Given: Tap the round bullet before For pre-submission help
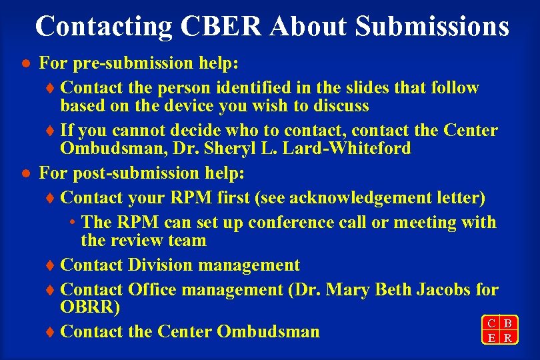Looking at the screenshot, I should point(24,65).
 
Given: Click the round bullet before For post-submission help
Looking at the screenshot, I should point(24,174).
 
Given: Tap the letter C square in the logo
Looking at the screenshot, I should point(491,323).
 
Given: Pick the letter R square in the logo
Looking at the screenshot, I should point(508,338).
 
